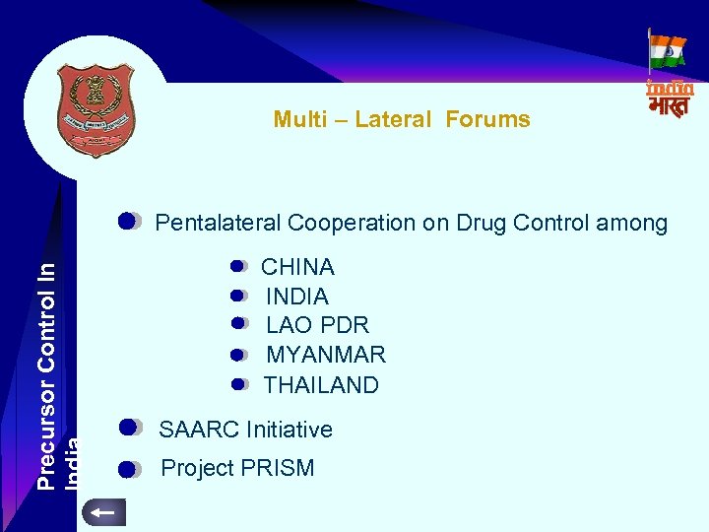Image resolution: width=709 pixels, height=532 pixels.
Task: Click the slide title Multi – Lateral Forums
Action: click(402, 120)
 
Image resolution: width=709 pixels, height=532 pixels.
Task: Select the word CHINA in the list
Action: click(297, 267)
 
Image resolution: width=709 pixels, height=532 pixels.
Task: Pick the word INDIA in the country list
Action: click(297, 297)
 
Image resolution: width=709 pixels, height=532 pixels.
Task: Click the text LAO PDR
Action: click(317, 325)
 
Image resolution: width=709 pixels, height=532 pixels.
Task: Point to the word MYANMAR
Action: click(326, 355)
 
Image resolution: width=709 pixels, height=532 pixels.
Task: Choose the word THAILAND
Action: click(321, 385)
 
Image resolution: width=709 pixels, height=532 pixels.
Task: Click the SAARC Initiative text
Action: click(245, 430)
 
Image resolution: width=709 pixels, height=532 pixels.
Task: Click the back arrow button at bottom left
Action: click(102, 512)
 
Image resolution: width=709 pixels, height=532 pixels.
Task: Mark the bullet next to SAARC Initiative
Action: click(129, 428)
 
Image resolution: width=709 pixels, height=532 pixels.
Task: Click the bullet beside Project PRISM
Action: click(129, 469)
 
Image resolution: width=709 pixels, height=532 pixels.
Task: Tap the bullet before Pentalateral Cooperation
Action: click(129, 221)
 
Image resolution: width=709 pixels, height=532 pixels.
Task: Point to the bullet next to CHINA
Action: click(239, 266)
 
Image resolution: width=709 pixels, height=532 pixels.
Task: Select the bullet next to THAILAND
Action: click(239, 384)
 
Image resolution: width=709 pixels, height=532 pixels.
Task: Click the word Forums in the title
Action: click(487, 120)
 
